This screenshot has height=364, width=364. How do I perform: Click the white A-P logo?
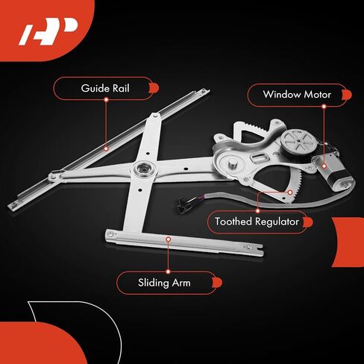(48, 31)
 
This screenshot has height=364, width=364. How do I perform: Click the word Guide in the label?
(95, 88)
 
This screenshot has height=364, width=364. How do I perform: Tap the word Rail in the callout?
(121, 88)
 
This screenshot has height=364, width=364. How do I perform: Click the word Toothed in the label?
(233, 222)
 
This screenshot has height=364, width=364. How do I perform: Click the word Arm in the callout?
(181, 283)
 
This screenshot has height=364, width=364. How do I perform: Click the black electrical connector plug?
(183, 203)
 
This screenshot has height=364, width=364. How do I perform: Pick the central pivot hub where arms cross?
(144, 169)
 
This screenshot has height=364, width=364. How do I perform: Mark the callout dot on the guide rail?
(106, 148)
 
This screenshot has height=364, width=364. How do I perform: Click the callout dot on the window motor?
(324, 166)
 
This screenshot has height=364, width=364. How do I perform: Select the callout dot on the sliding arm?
(169, 239)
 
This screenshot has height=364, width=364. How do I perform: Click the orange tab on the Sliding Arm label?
(217, 283)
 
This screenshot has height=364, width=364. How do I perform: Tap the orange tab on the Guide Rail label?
(154, 88)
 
